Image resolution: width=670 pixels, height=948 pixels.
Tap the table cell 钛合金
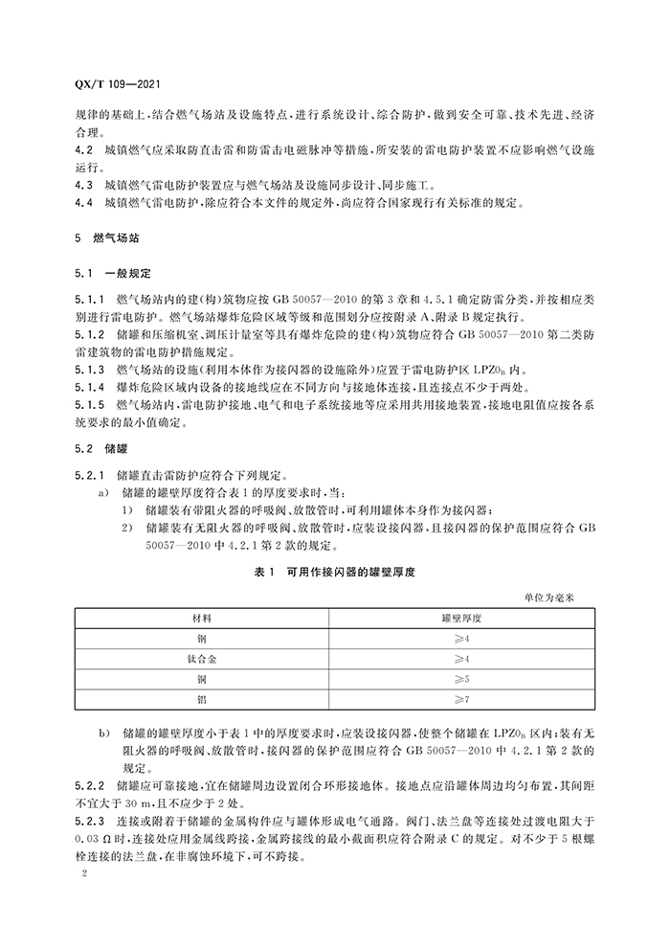(x=202, y=660)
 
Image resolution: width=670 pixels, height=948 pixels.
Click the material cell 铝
(x=202, y=700)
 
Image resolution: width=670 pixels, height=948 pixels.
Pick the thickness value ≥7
(x=462, y=700)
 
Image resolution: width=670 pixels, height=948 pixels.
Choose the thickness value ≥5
(x=462, y=680)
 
